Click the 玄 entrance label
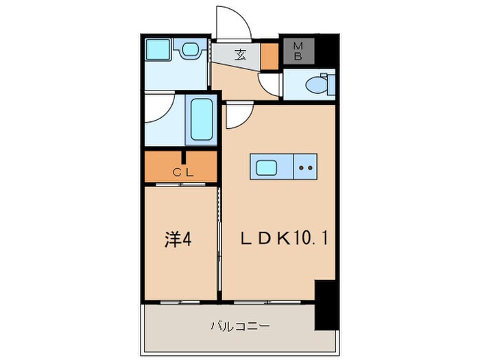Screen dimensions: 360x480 (x=241, y=56)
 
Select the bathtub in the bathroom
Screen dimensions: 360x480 (x=202, y=121)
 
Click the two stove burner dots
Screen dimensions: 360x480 (x=305, y=166)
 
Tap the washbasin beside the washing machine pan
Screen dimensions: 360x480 (x=190, y=50)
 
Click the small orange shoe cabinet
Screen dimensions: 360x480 (x=269, y=56)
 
